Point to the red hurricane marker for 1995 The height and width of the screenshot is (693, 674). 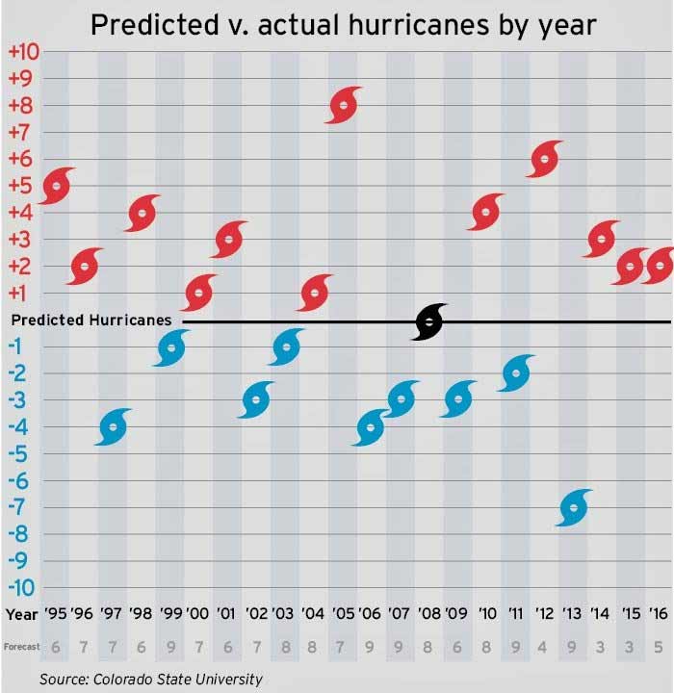pyautogui.click(x=57, y=186)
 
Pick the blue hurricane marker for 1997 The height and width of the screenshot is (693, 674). pyautogui.click(x=114, y=426)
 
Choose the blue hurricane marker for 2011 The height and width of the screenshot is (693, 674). pyautogui.click(x=516, y=373)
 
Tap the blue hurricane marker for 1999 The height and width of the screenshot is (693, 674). pyautogui.click(x=171, y=347)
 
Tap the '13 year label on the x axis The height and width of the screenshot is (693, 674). pyautogui.click(x=573, y=613)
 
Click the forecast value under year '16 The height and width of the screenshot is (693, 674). pyautogui.click(x=659, y=648)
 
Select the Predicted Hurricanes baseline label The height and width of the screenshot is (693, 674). pyautogui.click(x=89, y=320)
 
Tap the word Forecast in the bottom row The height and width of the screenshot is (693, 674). pyautogui.click(x=20, y=647)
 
